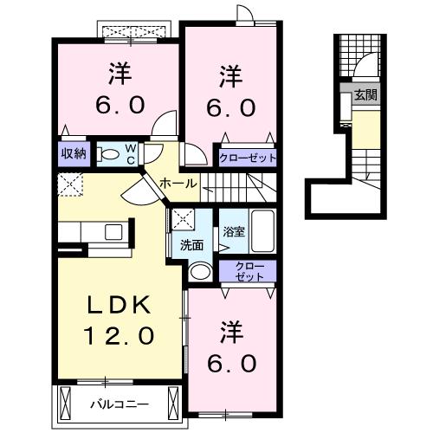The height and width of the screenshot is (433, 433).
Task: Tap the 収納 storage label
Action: [73, 154]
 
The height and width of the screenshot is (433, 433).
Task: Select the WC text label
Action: [129, 154]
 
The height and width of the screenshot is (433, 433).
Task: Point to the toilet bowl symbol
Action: [107, 154]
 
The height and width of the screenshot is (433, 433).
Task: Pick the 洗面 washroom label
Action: [192, 245]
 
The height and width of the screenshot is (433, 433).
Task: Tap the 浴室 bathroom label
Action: [233, 232]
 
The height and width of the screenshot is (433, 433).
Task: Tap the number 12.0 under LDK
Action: [120, 335]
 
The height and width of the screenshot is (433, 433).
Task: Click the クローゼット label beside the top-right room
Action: [248, 158]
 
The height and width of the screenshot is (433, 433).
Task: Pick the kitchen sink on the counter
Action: [113, 231]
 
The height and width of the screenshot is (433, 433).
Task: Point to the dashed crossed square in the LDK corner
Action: [69, 184]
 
